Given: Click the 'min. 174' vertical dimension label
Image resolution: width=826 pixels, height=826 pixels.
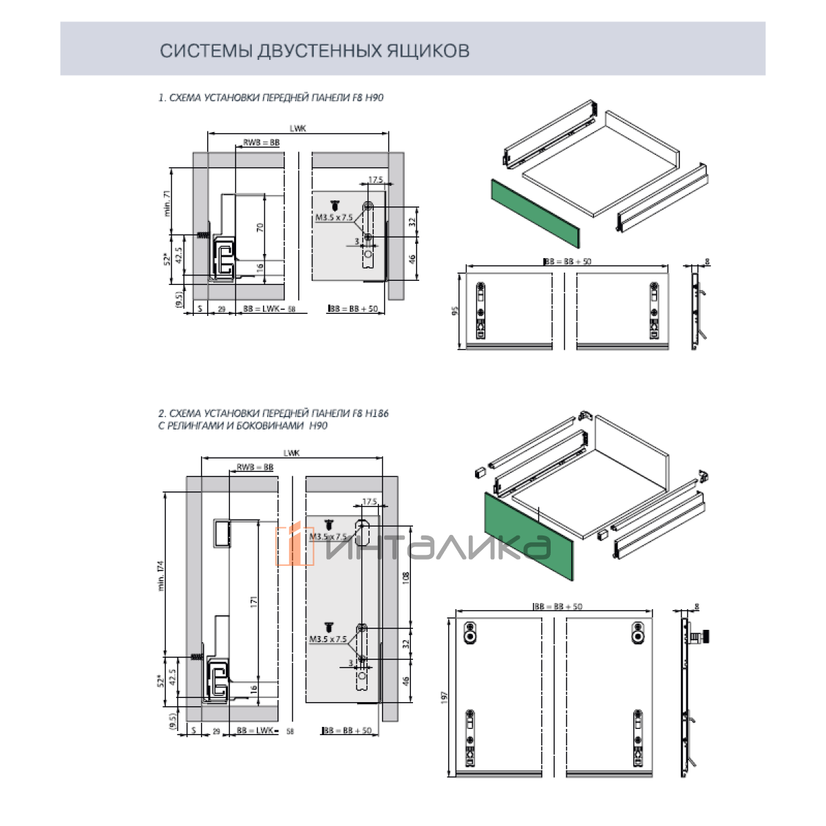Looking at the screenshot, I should (x=161, y=576).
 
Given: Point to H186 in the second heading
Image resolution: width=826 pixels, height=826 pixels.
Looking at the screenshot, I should (x=377, y=414).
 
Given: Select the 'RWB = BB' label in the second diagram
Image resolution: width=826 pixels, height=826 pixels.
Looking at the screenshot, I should (x=255, y=467).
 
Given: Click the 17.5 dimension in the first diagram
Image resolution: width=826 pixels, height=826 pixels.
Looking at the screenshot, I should (x=375, y=180).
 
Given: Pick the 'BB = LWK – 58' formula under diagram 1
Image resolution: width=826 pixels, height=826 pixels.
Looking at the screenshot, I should (x=269, y=310).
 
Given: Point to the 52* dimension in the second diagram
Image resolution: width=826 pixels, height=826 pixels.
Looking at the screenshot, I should (x=161, y=681).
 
